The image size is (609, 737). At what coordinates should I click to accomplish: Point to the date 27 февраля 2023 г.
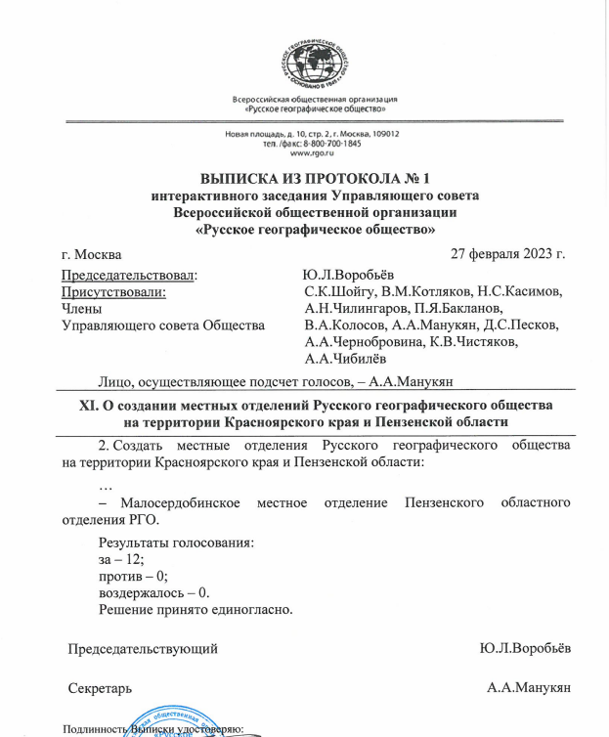pos(507,255)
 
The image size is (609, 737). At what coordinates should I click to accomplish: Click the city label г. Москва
pos(91,256)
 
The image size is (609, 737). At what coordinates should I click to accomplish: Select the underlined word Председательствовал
pos(130,276)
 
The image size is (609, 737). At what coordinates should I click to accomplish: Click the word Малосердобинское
pos(175,502)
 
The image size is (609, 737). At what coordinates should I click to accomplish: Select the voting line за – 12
pos(121,559)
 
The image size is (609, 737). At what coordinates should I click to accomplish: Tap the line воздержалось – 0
pos(154,592)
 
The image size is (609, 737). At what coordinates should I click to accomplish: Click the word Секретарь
pos(100,687)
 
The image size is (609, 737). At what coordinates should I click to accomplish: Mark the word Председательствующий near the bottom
pos(142,648)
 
